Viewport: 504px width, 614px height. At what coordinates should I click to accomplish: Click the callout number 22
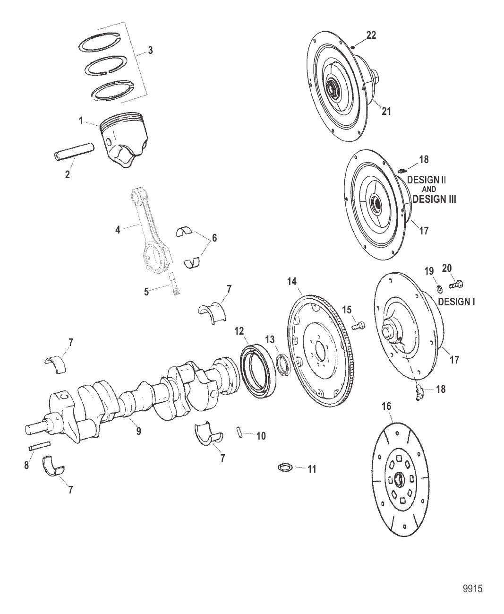(371, 35)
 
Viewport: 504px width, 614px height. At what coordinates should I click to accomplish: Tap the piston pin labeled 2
(74, 150)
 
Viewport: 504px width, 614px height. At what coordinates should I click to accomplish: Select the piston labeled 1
(124, 139)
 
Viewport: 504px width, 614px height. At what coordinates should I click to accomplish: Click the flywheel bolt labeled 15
(359, 325)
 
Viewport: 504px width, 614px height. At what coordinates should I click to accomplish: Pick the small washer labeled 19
(440, 289)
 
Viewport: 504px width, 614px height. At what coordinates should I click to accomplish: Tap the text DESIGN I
(456, 302)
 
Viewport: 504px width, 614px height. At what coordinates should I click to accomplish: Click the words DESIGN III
(434, 199)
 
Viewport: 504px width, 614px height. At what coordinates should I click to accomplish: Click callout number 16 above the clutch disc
(386, 406)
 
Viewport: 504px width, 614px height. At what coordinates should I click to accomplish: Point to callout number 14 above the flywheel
(292, 282)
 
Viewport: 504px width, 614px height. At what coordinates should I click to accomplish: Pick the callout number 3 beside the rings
(150, 51)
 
